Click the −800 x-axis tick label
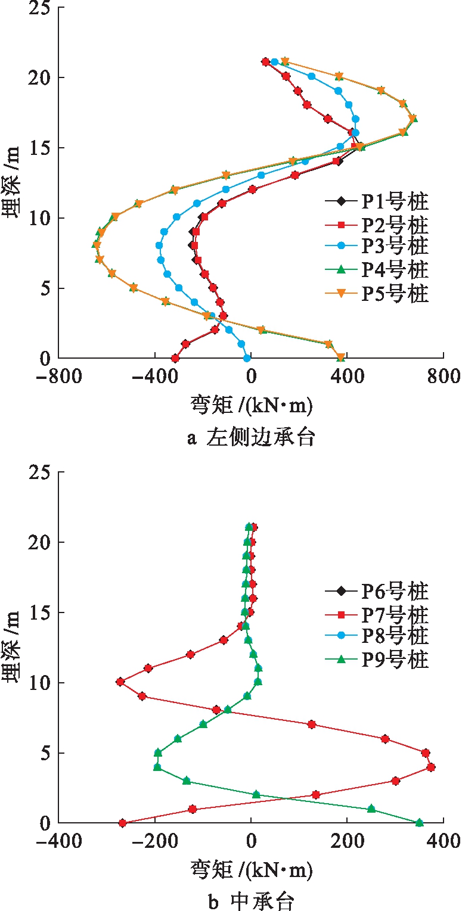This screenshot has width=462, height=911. click(58, 377)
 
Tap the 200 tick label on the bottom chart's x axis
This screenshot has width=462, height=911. click(346, 841)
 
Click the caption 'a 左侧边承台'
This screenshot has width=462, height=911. click(251, 439)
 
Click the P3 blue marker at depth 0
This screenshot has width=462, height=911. click(247, 358)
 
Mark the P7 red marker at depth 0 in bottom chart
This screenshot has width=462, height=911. click(123, 823)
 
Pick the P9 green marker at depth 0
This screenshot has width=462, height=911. click(419, 823)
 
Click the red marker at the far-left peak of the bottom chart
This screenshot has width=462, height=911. click(120, 682)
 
